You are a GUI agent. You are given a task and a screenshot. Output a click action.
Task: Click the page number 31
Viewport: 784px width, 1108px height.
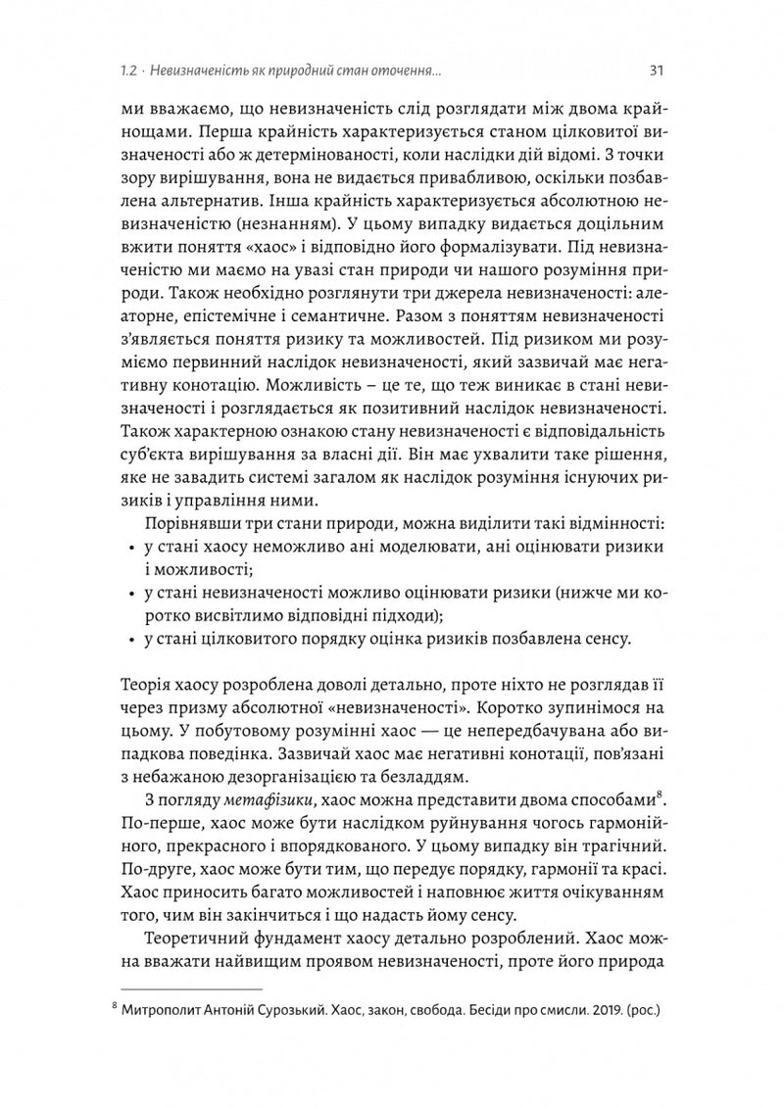click(658, 70)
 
